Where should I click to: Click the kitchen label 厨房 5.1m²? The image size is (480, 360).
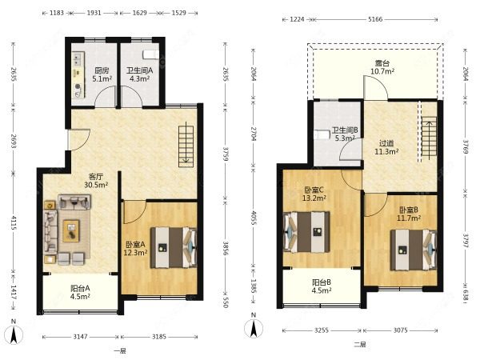click(102, 74)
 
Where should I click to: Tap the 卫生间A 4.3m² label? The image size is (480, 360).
click(139, 74)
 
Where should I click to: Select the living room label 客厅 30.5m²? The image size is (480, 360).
click(96, 181)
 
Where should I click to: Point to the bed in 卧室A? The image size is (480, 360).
click(174, 247)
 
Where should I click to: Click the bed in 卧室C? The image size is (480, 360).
click(306, 232)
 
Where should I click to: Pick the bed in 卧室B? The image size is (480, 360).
click(414, 250)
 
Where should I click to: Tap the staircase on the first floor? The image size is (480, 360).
click(186, 146)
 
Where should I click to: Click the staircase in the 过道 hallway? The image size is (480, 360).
click(430, 139)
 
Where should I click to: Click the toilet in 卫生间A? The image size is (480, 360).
click(150, 54)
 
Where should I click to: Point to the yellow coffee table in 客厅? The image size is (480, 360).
click(71, 230)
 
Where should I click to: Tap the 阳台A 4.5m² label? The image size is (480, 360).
click(80, 292)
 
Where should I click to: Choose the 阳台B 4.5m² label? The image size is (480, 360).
click(322, 286)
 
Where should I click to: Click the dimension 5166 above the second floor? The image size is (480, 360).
click(375, 19)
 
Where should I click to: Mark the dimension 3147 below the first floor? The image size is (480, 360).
click(80, 337)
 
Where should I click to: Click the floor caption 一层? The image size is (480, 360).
click(120, 351)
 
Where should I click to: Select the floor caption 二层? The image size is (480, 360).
click(360, 344)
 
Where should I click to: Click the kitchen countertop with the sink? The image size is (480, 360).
click(78, 74)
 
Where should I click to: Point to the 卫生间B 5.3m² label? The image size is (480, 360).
click(345, 134)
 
